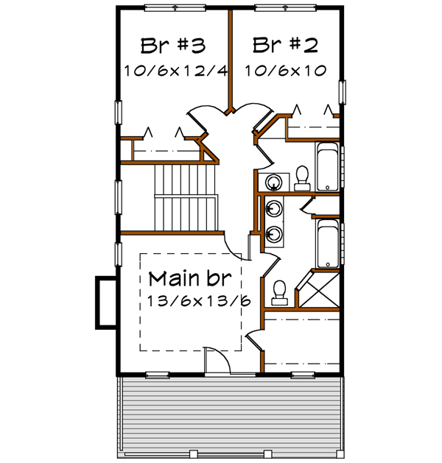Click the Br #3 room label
tap(173, 46)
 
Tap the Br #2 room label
tap(285, 46)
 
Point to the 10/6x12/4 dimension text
tap(175, 71)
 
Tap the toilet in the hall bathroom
tap(301, 177)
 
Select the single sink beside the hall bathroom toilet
tap(274, 182)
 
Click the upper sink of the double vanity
tap(274, 209)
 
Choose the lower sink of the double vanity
tap(274, 234)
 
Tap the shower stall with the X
tap(317, 293)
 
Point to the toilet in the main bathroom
tap(278, 293)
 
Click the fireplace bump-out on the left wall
tap(105, 302)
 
